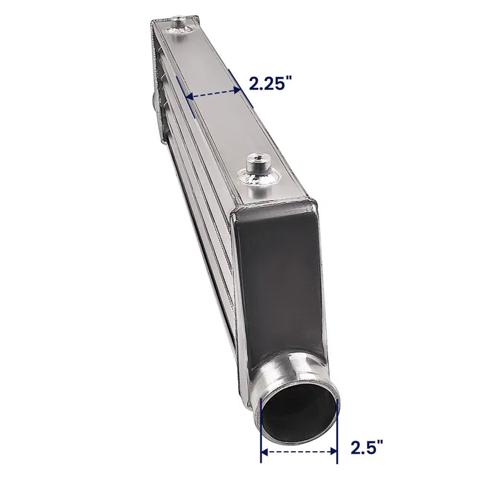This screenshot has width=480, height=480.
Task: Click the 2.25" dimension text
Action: [269, 83]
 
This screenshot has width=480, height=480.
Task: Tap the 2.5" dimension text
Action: [367, 447]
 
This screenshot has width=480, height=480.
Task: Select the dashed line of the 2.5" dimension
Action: [298, 452]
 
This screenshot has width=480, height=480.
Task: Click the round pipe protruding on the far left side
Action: [153, 98]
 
